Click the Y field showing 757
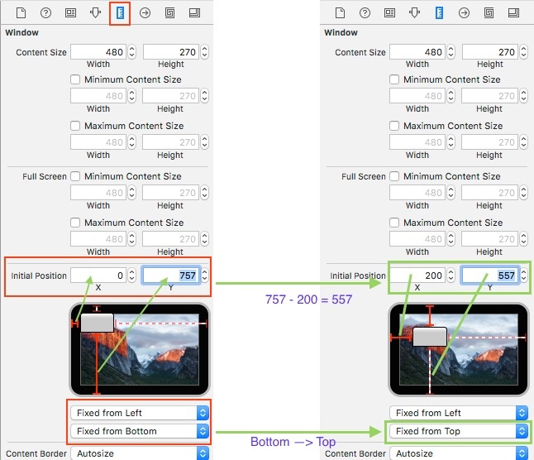pos(171,275)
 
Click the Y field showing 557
pos(489,275)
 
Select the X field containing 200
pos(417,275)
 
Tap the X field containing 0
pos(98,275)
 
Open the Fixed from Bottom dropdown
pos(140,431)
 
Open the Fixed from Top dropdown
pos(459,431)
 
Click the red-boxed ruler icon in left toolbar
pos(120,13)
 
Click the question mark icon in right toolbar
pos(365,13)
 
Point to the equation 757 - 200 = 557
pos(308,299)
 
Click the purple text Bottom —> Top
pos(293,442)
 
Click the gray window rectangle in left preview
pos(97,323)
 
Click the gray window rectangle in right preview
pos(430,337)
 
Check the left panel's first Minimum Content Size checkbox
pos(75,79)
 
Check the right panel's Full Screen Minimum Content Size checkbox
pos(394,176)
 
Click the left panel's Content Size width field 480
pos(98,52)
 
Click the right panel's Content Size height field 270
pos(489,52)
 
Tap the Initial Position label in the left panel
pos(39,276)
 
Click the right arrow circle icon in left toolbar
pos(145,13)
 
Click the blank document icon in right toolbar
pos(340,13)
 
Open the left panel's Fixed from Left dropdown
pos(140,413)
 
